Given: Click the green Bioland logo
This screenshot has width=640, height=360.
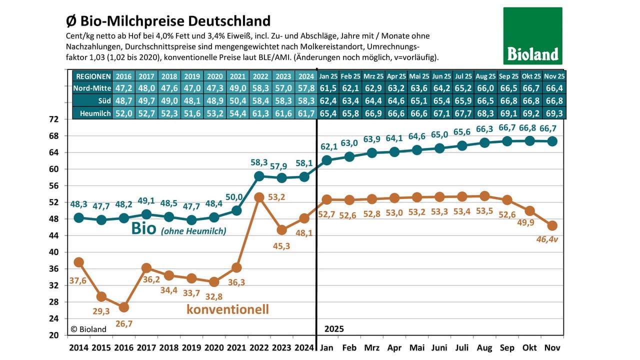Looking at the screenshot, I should (532, 35).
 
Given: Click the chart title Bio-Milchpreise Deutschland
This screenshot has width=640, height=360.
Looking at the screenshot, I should (168, 21).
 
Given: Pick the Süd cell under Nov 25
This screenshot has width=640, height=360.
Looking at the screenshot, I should (554, 101).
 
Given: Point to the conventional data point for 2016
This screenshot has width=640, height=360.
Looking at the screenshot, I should (124, 307).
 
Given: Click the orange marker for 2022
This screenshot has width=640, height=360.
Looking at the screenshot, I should (259, 197).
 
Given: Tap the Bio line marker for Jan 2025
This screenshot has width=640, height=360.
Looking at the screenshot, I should (327, 160).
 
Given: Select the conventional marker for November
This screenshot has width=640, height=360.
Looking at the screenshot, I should (552, 225).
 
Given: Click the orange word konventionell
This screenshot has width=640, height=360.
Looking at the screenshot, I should (227, 309).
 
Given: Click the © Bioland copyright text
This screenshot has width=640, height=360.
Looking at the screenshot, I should (88, 329).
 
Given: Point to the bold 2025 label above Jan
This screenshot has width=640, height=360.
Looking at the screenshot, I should (334, 329).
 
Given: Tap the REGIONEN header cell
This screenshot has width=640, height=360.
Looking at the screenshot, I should (92, 76).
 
